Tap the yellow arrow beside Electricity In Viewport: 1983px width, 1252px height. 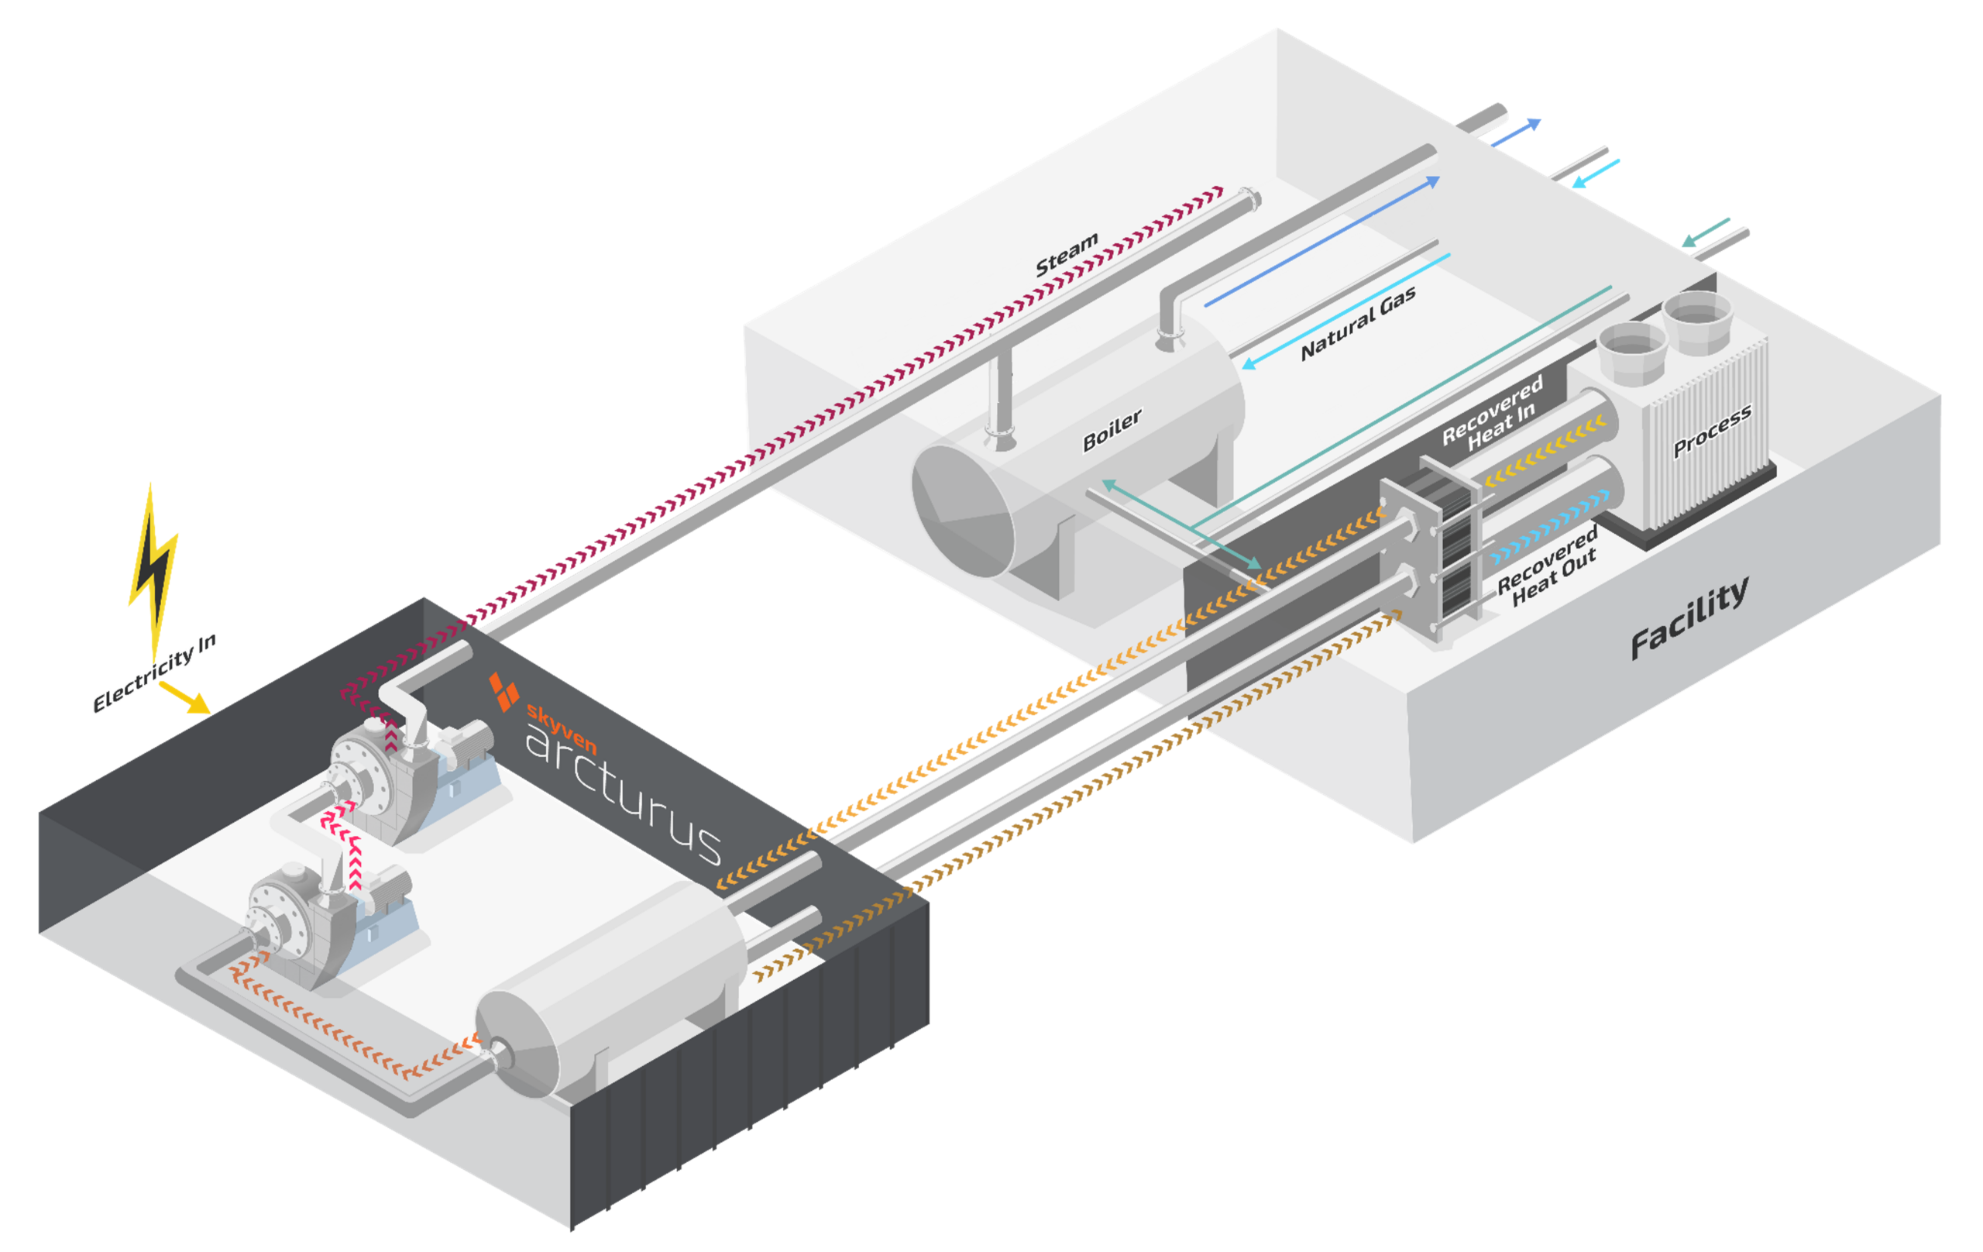184,697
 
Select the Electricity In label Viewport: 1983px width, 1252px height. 154,673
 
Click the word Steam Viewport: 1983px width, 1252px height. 1067,255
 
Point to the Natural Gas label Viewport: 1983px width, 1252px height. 1358,323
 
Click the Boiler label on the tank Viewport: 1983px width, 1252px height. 1112,430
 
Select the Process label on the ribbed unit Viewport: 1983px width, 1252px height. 1712,431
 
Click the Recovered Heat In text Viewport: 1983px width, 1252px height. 1491,414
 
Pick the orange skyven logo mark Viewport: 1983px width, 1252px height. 504,691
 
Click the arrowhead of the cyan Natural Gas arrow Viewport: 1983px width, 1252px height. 1249,363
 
